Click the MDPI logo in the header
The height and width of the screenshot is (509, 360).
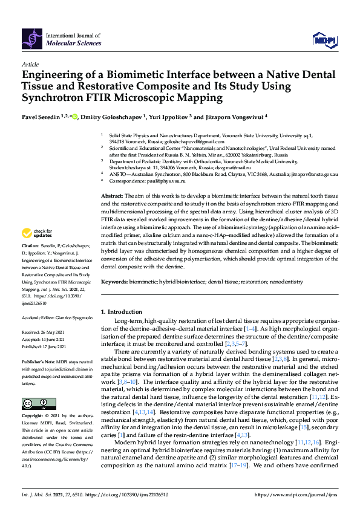[324, 40]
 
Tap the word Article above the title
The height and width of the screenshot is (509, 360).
[30, 64]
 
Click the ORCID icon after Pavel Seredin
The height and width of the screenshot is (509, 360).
[75, 117]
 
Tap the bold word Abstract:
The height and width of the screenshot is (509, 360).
[111, 196]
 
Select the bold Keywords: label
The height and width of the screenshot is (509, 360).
[114, 282]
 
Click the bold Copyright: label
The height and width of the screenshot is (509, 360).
[32, 417]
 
